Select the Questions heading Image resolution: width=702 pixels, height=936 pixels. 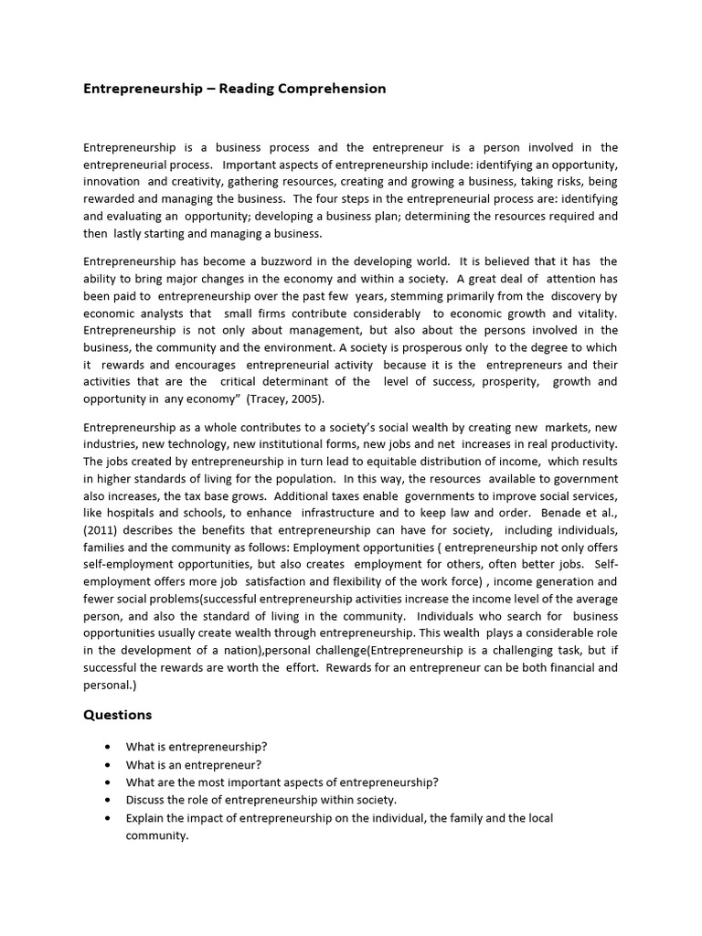[x=118, y=715]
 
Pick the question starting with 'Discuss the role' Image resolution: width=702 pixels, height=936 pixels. [x=254, y=799]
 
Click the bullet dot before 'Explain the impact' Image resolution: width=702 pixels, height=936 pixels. [x=107, y=818]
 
